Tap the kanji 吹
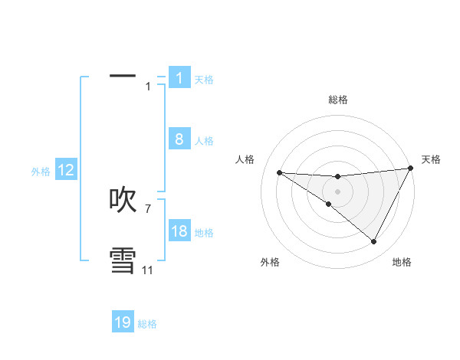[123, 200]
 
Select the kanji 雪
[123, 260]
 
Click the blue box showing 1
[179, 77]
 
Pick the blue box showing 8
[179, 139]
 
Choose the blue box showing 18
[179, 232]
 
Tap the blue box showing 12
[66, 171]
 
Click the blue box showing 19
[123, 322]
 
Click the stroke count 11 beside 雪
[147, 270]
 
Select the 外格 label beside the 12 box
[41, 172]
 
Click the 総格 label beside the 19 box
[147, 324]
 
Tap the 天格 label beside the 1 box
[204, 79]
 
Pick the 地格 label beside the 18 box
[204, 233]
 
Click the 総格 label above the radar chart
[337, 100]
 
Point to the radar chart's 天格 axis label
[431, 159]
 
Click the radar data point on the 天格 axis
[411, 169]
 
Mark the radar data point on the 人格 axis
[279, 172]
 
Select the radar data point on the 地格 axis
[373, 241]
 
